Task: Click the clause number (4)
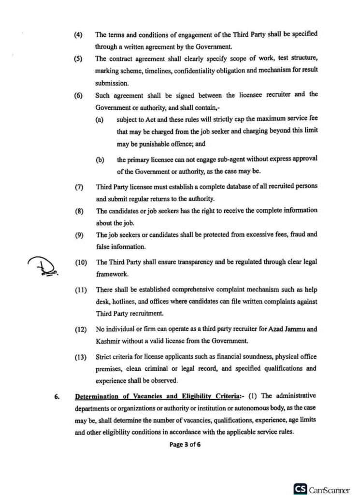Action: (x=78, y=35)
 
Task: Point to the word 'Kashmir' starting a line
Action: (x=107, y=341)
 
